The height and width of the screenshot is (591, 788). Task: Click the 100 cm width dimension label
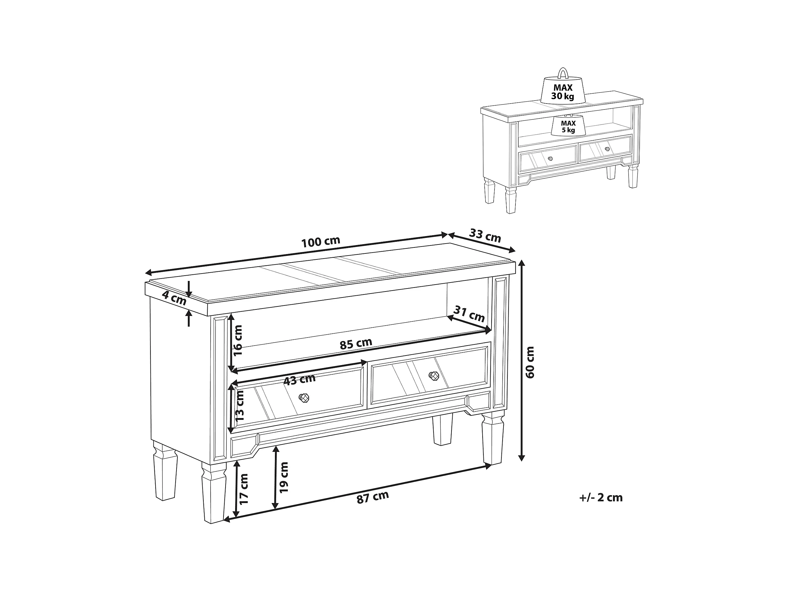[x=321, y=242]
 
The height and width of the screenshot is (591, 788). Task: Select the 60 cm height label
[x=530, y=362]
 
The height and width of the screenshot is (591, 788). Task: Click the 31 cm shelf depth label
[x=469, y=314]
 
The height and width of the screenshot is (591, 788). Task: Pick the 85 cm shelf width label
[x=356, y=344]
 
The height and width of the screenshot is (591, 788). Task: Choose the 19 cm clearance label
[x=284, y=477]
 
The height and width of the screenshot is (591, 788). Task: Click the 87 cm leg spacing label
[x=373, y=497]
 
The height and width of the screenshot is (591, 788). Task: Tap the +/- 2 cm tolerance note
[x=601, y=497]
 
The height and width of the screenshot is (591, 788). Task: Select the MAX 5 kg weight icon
[x=568, y=125]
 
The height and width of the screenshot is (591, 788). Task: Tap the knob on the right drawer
[x=433, y=376]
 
